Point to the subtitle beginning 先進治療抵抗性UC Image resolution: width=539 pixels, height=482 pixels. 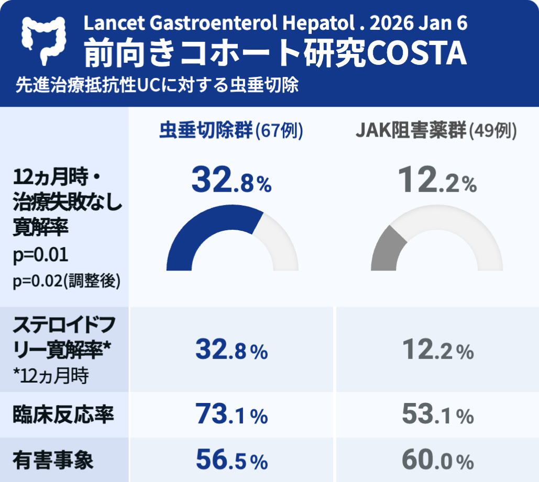[x=157, y=85]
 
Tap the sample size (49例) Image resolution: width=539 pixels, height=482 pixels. [x=492, y=131]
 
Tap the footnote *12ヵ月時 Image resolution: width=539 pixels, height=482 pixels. [x=50, y=375]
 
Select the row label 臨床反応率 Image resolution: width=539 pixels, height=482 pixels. [x=63, y=416]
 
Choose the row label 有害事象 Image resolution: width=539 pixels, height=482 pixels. [x=53, y=461]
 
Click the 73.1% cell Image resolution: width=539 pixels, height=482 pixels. [x=231, y=416]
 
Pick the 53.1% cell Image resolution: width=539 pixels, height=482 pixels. [x=437, y=416]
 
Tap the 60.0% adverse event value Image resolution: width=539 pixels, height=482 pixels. [x=437, y=461]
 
